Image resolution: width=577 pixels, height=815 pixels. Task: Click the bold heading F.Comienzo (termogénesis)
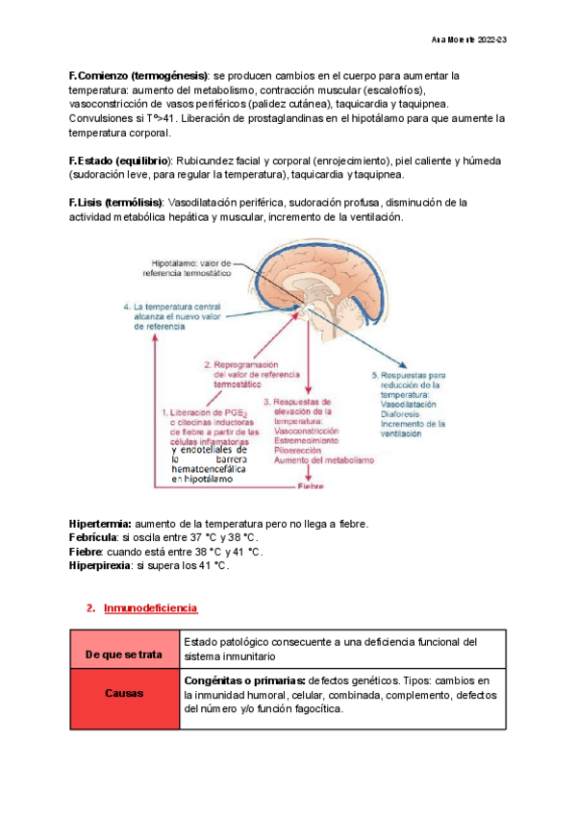click(x=138, y=75)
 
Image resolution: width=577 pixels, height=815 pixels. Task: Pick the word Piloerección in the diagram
click(x=301, y=451)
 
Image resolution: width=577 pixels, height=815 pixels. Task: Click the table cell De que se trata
click(x=123, y=654)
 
